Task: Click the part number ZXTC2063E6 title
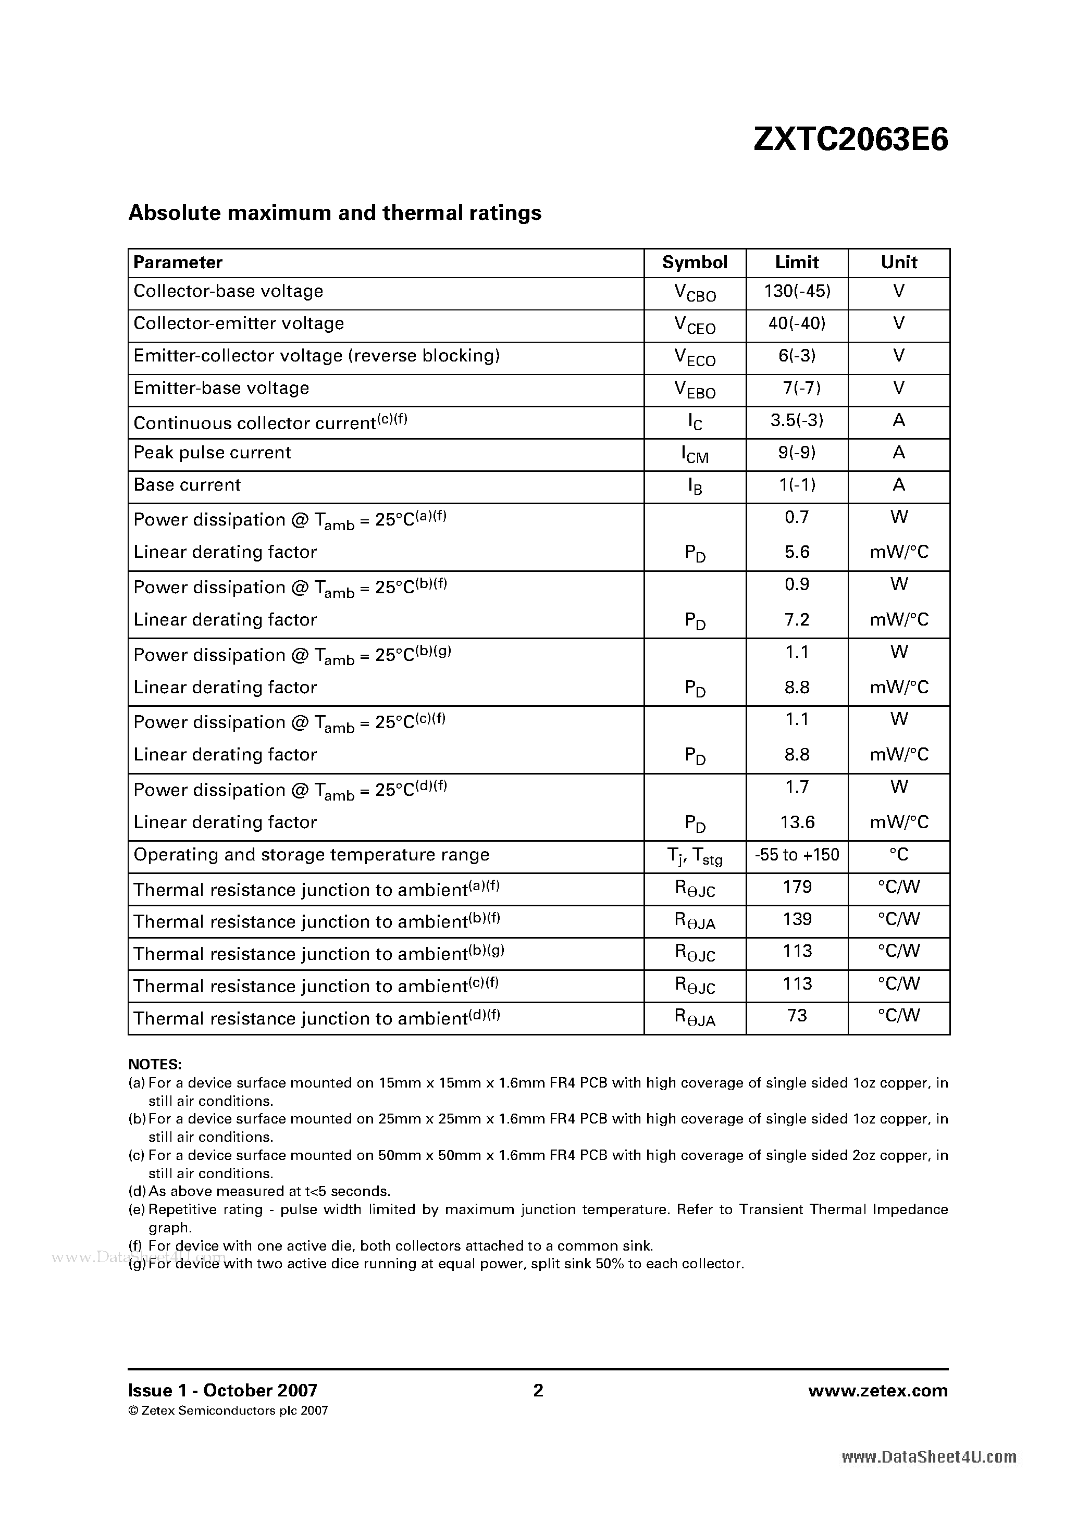pyautogui.click(x=851, y=140)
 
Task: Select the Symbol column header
pyautogui.click(x=694, y=263)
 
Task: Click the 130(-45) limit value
pyautogui.click(x=797, y=291)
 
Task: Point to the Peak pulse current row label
pyautogui.click(x=213, y=453)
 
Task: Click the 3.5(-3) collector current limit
pyautogui.click(x=797, y=420)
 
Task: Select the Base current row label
pyautogui.click(x=187, y=485)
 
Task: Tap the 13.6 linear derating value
pyautogui.click(x=797, y=822)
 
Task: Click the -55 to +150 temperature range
pyautogui.click(x=797, y=855)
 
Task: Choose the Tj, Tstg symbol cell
pyautogui.click(x=694, y=857)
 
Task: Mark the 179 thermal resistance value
pyautogui.click(x=797, y=888)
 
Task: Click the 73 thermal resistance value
pyautogui.click(x=797, y=1016)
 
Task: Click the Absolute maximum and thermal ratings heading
pyautogui.click(x=335, y=213)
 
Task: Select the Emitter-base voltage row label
pyautogui.click(x=221, y=388)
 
